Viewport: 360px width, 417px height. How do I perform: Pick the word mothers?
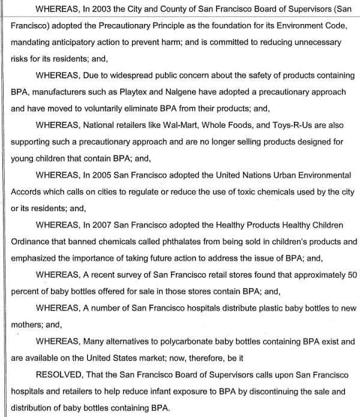pos(28,325)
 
